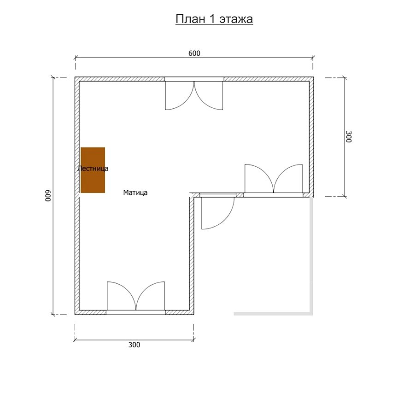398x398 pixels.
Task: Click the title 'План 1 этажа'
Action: pos(214,19)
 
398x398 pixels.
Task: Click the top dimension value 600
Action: pos(194,53)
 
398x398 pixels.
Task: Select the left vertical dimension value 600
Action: pos(48,196)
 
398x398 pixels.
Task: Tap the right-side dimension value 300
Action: pos(349,137)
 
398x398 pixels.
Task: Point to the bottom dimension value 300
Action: pos(134,345)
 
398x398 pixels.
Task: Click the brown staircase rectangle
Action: pos(93,170)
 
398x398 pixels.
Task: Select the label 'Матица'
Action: pos(135,193)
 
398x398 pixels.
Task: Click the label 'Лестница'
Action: pos(93,169)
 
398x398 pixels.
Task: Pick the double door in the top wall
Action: pos(194,96)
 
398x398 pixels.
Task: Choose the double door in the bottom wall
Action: pos(136,296)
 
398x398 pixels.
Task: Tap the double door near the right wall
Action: pos(274,178)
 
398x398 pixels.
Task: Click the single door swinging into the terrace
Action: pos(218,213)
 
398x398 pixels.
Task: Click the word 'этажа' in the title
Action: pos(236,19)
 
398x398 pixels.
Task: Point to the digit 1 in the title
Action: pos(212,19)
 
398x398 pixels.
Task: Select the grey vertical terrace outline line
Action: pos(311,256)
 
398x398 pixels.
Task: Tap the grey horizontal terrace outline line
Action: pos(273,314)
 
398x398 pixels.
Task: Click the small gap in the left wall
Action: pos(77,195)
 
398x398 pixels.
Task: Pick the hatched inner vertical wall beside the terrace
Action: pos(192,254)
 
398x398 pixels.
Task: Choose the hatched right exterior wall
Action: pos(311,137)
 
